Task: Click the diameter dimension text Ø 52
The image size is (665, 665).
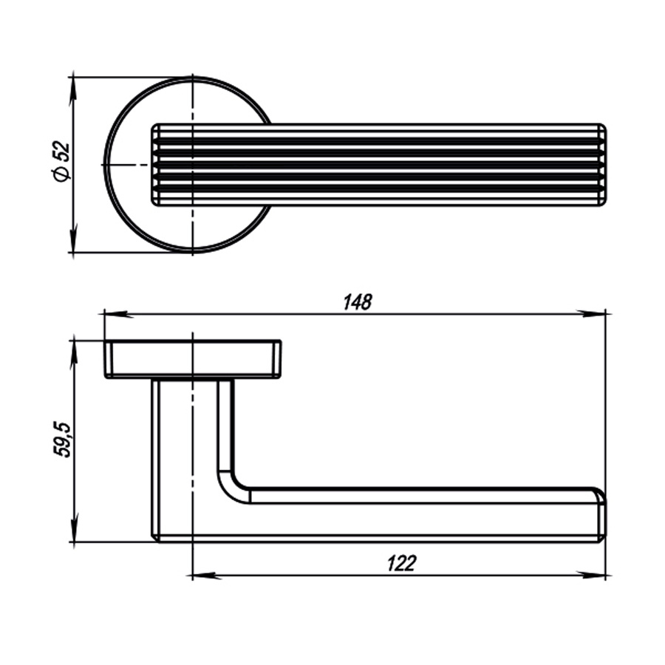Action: (x=61, y=162)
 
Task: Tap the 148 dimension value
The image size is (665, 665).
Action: (x=357, y=302)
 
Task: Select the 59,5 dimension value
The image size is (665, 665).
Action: (x=62, y=440)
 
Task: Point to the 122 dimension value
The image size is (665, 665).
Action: (x=402, y=563)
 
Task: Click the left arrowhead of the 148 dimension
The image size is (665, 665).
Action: (x=116, y=314)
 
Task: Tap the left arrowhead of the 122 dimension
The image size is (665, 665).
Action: (x=205, y=576)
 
